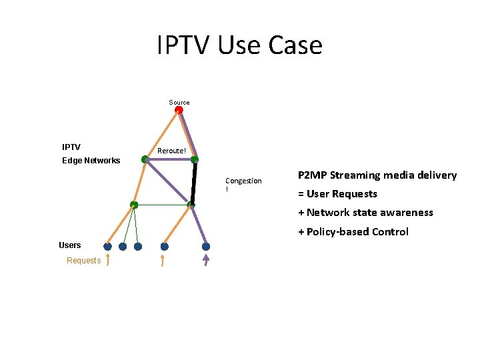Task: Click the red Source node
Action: (x=179, y=110)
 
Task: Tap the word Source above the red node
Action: (x=179, y=103)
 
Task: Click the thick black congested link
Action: (x=194, y=181)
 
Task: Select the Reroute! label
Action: (x=171, y=151)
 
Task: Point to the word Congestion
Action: (x=243, y=181)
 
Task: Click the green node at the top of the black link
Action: (x=195, y=159)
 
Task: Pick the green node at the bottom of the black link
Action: (x=191, y=204)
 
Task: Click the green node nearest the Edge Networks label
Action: (x=145, y=159)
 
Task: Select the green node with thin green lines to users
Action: (x=134, y=205)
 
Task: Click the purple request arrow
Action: (x=205, y=260)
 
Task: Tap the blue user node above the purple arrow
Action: (x=206, y=247)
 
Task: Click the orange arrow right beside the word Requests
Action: (x=107, y=260)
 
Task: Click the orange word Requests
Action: (x=83, y=261)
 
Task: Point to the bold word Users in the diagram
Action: (x=70, y=245)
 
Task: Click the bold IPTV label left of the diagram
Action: (x=71, y=147)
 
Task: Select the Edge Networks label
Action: (x=91, y=161)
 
